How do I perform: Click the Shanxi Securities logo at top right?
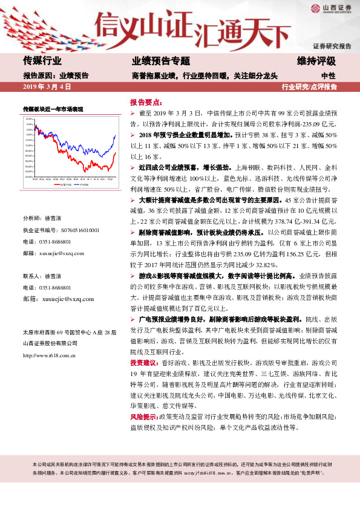click(x=331, y=8)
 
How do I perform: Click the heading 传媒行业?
click(x=42, y=61)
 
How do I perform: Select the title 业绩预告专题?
click(x=161, y=61)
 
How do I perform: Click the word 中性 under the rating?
click(x=329, y=76)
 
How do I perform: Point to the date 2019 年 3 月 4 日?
click(x=47, y=87)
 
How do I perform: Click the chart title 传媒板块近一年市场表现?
click(x=53, y=108)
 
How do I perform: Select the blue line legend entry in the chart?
click(x=82, y=184)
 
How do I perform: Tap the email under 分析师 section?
click(x=62, y=253)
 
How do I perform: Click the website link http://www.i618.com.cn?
click(x=48, y=355)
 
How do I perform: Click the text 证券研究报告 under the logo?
click(x=332, y=46)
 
